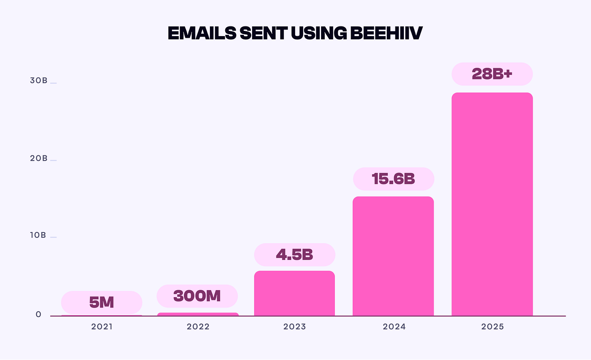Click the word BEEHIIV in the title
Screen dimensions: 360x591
click(x=386, y=33)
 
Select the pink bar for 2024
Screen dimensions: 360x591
click(x=393, y=256)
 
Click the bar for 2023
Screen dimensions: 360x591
click(x=294, y=293)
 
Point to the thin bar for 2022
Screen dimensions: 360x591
click(x=198, y=314)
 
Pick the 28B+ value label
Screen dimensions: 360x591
click(x=492, y=74)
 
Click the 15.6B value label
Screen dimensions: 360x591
click(x=393, y=179)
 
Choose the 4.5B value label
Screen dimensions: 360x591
click(x=295, y=255)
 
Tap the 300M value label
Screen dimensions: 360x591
click(x=197, y=296)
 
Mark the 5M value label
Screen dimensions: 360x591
click(x=101, y=302)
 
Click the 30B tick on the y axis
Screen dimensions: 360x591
click(x=39, y=80)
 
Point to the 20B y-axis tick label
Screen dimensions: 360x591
click(x=39, y=158)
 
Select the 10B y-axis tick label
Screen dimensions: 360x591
click(x=38, y=235)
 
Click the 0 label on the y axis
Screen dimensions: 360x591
click(x=39, y=315)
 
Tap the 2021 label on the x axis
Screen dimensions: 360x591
click(x=102, y=327)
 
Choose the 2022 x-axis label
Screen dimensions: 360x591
click(x=198, y=327)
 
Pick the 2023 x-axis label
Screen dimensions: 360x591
click(x=295, y=327)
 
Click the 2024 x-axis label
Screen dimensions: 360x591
click(x=394, y=327)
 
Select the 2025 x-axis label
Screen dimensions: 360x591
click(x=492, y=327)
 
